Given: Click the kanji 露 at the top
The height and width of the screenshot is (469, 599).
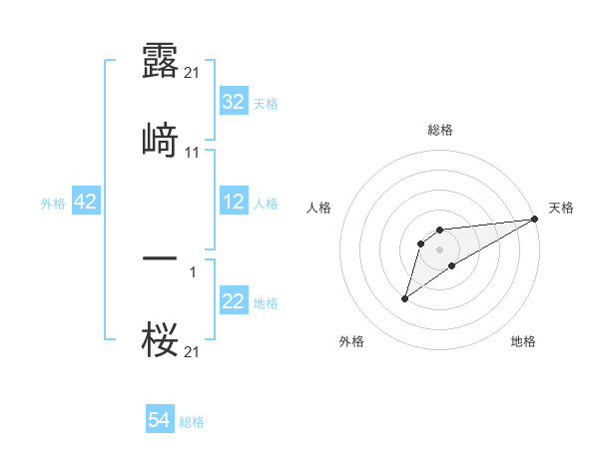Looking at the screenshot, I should click(160, 62).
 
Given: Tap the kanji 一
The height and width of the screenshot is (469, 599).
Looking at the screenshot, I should click(160, 258).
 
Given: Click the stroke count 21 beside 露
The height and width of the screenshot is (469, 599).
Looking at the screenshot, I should click(194, 74).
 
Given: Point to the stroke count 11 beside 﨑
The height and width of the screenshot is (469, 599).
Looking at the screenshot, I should click(194, 153).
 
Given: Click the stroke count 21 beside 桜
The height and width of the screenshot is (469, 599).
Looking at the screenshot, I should click(194, 351).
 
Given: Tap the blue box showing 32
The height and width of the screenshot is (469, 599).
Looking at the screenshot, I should click(233, 102).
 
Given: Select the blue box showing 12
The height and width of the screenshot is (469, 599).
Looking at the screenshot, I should click(233, 202).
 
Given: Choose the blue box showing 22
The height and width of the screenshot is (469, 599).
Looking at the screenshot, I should click(233, 301).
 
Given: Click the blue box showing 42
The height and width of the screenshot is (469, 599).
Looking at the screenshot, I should click(86, 202).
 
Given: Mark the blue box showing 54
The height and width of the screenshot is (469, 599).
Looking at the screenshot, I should click(160, 420).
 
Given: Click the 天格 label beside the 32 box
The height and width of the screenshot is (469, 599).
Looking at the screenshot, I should click(266, 104).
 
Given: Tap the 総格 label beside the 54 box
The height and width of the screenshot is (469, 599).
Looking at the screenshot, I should click(192, 422).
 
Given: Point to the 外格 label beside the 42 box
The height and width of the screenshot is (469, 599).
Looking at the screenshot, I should click(53, 204).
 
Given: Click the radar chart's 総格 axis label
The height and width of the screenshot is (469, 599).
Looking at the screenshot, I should click(440, 130).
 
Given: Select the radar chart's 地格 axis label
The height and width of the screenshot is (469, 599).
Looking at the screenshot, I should click(523, 341).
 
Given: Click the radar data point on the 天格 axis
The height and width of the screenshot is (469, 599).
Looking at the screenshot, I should click(534, 218).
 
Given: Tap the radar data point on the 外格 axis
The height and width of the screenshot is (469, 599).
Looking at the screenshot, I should click(404, 298).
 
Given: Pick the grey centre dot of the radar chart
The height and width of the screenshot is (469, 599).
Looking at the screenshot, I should click(440, 248).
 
